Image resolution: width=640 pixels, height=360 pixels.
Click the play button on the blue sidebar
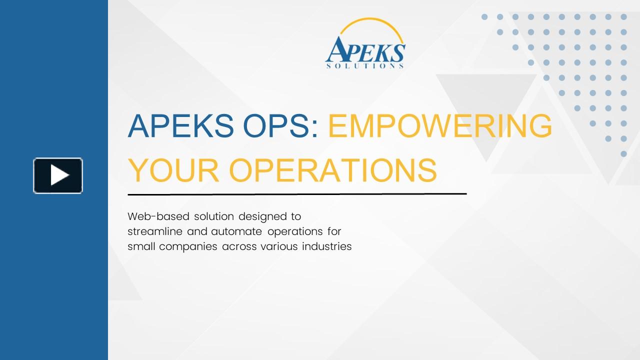pos(58,175)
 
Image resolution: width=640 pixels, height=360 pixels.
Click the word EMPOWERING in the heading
pos(440,126)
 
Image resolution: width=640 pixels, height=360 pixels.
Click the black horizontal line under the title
pos(297,193)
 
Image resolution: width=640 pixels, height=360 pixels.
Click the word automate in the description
pos(237,231)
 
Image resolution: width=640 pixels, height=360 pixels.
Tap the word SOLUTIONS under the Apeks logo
pos(364,65)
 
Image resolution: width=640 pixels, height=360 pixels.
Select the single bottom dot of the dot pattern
pos(623,154)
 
